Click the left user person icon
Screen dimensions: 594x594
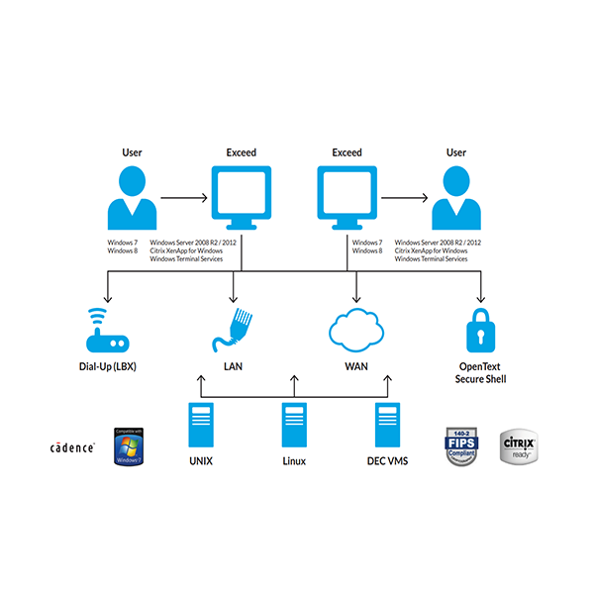132,197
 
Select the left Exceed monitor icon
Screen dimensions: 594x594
241,196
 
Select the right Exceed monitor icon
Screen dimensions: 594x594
347,196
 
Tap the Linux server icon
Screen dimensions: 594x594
294,425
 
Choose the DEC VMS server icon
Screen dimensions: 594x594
388,425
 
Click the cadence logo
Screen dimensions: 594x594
72,447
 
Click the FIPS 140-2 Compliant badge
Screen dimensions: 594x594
461,446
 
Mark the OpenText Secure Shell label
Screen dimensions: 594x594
480,372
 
